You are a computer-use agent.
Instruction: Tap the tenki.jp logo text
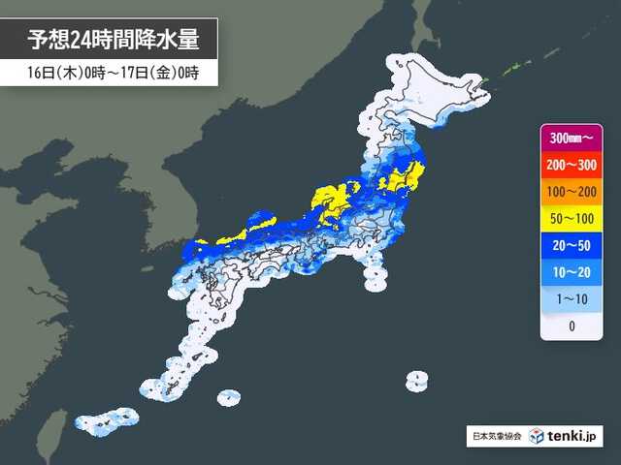point(573,437)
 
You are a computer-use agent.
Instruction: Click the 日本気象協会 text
point(495,437)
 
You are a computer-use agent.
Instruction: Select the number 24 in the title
point(86,40)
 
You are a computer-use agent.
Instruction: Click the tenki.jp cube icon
point(538,437)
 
